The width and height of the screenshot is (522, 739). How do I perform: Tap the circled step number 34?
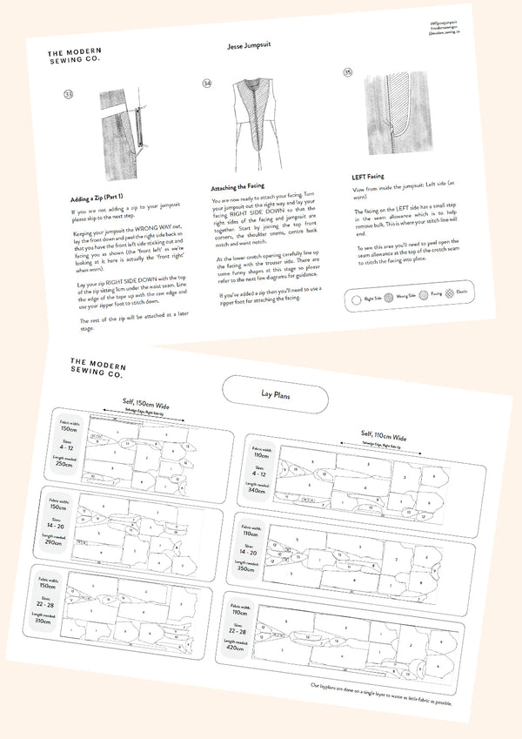[207, 84]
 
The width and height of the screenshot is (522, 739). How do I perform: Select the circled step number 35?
[349, 74]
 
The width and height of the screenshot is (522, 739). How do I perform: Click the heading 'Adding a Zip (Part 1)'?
[104, 198]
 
